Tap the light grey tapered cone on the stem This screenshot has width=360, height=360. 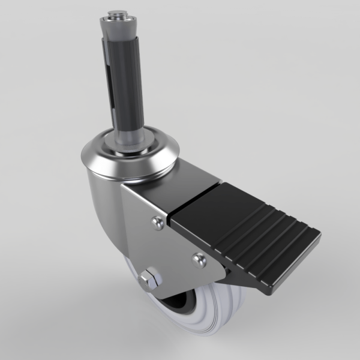tap(116, 30)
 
